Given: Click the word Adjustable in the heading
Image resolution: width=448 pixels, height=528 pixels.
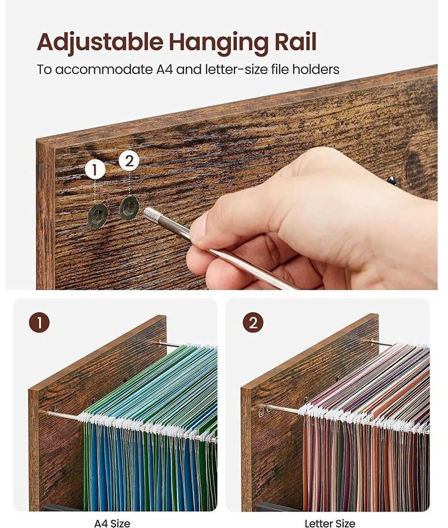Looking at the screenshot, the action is coord(100,42).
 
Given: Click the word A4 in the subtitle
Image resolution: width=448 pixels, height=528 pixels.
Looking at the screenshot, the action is coord(164,69).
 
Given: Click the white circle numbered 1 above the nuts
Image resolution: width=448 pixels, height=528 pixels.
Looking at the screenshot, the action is coord(95,170).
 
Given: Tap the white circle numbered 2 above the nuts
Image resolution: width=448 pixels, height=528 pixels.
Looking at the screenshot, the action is coord(129,160).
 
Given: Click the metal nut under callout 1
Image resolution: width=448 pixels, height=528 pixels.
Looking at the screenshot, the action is coord(98,216).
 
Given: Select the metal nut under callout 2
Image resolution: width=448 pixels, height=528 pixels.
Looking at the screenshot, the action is coord(129,209).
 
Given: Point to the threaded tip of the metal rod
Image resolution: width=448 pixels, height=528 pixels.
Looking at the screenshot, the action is coord(150,214).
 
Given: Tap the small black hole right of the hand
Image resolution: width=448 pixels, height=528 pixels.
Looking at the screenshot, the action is coord(392,181).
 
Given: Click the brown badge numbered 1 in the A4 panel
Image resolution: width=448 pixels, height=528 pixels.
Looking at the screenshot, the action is coord(39,323).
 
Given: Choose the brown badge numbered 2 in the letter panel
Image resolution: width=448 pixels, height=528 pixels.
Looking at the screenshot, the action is coord(253,322).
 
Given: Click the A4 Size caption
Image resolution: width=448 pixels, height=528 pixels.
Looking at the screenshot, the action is coord(112,523).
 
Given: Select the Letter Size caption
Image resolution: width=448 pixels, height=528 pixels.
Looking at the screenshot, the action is coord(330,523).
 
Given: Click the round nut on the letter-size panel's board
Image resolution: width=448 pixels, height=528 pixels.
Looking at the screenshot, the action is coord(261,412).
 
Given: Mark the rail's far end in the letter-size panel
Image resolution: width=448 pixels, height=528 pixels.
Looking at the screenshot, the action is coord(374,342).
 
